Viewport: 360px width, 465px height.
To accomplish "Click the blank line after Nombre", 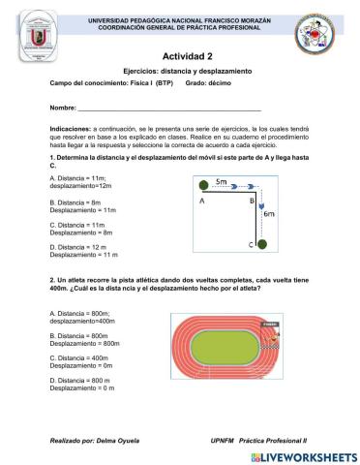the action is tap(165, 108).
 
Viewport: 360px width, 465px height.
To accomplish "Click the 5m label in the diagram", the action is tap(222, 182).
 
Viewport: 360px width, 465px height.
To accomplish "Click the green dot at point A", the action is tap(203, 185).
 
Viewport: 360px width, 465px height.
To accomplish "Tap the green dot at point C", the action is tap(261, 244).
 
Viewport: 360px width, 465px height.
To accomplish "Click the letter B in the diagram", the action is tap(252, 201).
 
